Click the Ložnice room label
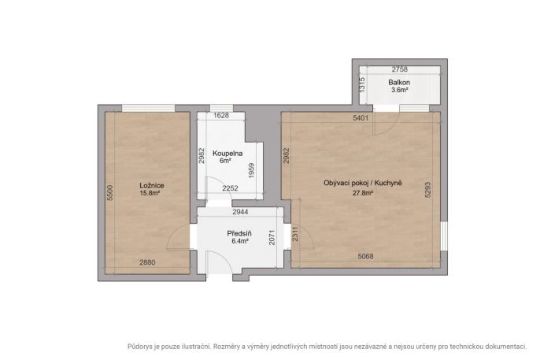pyautogui.click(x=151, y=185)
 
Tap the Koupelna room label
pyautogui.click(x=227, y=154)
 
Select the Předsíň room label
pyautogui.click(x=239, y=234)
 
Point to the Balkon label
pyautogui.click(x=399, y=83)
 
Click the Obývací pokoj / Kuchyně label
pyautogui.click(x=363, y=183)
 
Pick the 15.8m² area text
pyautogui.click(x=150, y=193)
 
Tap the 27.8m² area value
pyautogui.click(x=363, y=193)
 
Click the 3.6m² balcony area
pyautogui.click(x=400, y=91)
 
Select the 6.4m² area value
pyautogui.click(x=240, y=241)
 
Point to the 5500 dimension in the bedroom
pyautogui.click(x=110, y=193)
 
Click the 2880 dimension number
pyautogui.click(x=147, y=262)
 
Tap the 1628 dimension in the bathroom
pyautogui.click(x=221, y=116)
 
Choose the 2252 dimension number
pyautogui.click(x=230, y=188)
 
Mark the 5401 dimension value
pyautogui.click(x=361, y=118)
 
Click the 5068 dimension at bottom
pyautogui.click(x=365, y=256)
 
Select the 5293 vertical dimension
pyautogui.click(x=428, y=190)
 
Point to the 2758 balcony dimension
pyautogui.click(x=400, y=69)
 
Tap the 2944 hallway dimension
pyautogui.click(x=240, y=212)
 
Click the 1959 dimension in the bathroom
pyautogui.click(x=251, y=170)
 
